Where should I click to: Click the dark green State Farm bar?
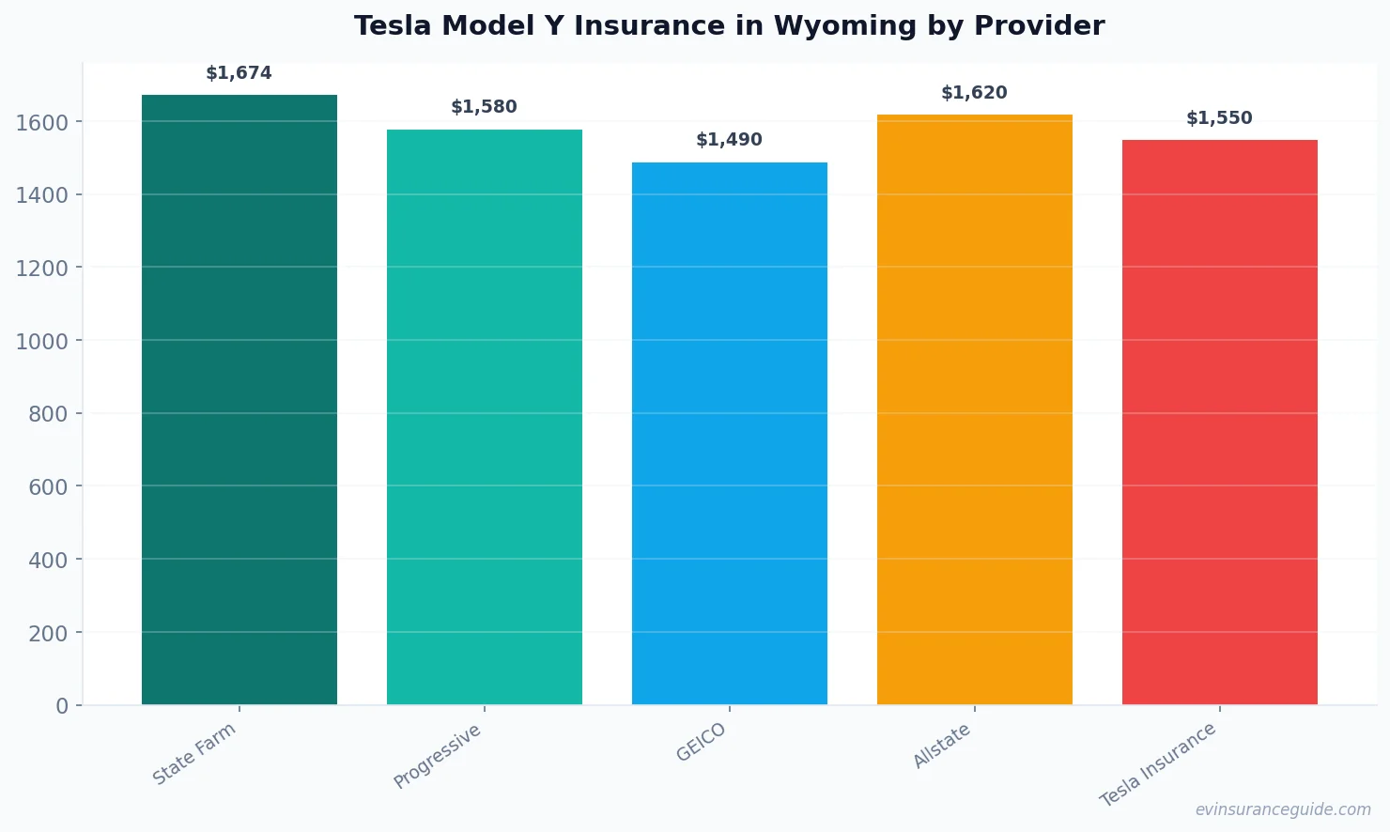point(239,399)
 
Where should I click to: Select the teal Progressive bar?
point(485,417)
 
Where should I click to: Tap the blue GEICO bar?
point(730,433)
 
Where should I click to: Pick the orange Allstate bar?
point(975,409)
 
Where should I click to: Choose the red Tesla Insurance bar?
point(1220,422)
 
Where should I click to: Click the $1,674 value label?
point(239,73)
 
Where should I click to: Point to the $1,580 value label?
point(484,107)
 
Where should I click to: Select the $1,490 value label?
point(729,140)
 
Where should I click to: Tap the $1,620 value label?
point(974,93)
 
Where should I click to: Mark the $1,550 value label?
point(1219,118)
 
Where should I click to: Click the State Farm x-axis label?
point(194,754)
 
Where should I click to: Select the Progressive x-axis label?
point(438,756)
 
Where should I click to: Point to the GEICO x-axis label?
point(702,742)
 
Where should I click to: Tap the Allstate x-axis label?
point(942,746)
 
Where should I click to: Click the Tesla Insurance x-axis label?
point(1158,764)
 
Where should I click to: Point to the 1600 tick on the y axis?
point(42,122)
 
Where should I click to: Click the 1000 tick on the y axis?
point(42,341)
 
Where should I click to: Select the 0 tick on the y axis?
point(62,706)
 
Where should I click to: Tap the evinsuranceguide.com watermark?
point(1283,809)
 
